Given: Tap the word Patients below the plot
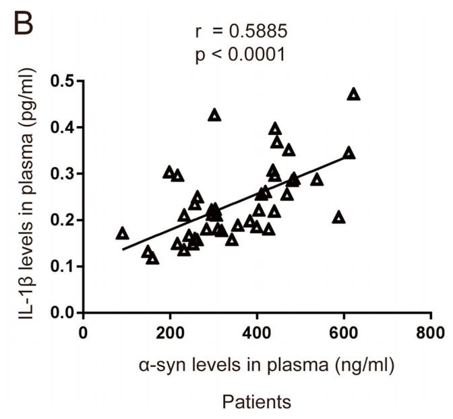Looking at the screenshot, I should (x=256, y=402).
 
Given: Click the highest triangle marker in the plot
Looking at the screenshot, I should (x=353, y=94).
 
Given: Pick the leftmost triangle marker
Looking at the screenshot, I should (x=122, y=233).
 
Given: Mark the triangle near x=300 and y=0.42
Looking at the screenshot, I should (x=214, y=115).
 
